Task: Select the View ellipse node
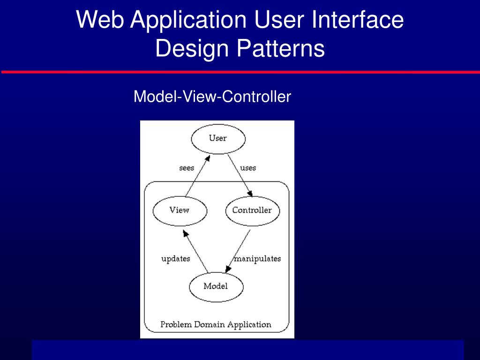click(180, 210)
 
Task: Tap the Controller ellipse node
click(252, 210)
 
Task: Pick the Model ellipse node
click(216, 286)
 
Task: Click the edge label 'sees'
click(187, 168)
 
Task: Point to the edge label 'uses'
click(248, 168)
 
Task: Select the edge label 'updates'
click(176, 259)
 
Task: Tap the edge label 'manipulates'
click(257, 259)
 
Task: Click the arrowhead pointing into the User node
click(207, 159)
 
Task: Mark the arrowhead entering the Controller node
click(250, 194)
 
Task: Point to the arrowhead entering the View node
click(185, 233)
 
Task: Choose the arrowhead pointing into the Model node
click(228, 269)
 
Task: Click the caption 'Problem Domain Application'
click(216, 324)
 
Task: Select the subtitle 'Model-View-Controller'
click(212, 97)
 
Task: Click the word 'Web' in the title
click(100, 20)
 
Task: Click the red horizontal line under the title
click(240, 72)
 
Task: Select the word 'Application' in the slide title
click(188, 20)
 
